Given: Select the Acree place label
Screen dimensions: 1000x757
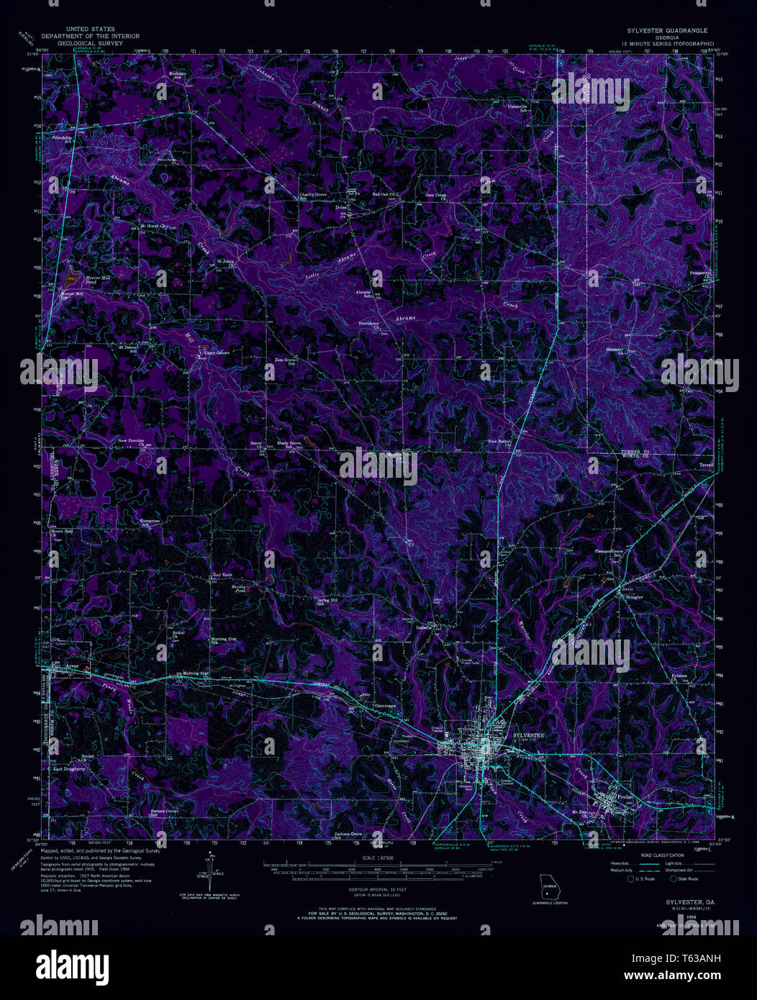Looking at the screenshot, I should [x=68, y=667].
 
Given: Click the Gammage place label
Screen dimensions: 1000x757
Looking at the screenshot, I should [x=386, y=706].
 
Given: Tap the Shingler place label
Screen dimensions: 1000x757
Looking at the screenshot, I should [x=633, y=597].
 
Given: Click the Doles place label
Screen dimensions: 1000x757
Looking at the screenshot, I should [x=342, y=208].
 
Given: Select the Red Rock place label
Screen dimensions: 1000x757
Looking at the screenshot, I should [x=222, y=575].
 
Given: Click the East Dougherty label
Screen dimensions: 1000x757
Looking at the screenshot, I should [x=69, y=768].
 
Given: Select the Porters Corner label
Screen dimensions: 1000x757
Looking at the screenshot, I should [x=164, y=812].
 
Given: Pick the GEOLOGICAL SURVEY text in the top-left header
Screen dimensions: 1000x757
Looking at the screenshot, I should [x=91, y=43].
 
